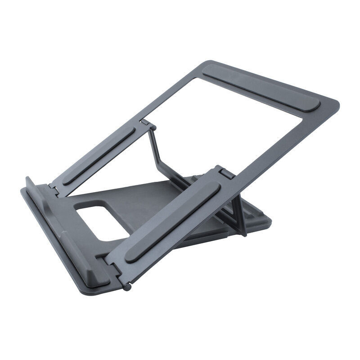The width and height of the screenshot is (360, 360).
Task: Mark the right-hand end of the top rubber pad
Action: point(315,106)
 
